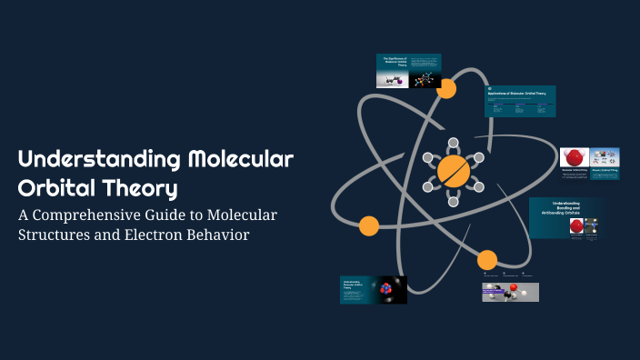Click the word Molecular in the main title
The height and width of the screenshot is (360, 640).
tap(240, 161)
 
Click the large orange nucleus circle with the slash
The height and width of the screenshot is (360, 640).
tap(452, 170)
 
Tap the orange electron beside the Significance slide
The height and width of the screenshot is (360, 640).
tap(446, 89)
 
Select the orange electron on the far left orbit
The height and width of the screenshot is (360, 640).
tap(368, 225)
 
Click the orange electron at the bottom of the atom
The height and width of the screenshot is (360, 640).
tap(487, 259)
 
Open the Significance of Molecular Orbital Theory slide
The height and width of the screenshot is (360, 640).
tap(409, 71)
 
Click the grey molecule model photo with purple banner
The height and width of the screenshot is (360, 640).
tap(510, 291)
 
